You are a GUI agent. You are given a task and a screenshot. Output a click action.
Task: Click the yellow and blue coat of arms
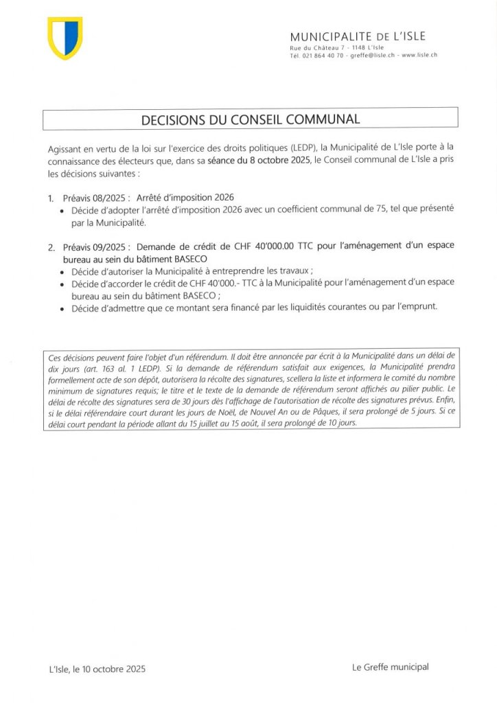point(65,38)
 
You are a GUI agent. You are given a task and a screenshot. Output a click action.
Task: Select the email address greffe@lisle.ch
point(371,54)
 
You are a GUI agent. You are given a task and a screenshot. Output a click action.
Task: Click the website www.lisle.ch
point(419,54)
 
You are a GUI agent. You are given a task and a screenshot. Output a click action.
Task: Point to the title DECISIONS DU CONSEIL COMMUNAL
point(250,119)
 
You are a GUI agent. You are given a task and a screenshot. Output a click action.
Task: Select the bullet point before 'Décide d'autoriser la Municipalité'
point(63,272)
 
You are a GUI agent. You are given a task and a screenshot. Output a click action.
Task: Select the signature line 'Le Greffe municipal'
point(389,667)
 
